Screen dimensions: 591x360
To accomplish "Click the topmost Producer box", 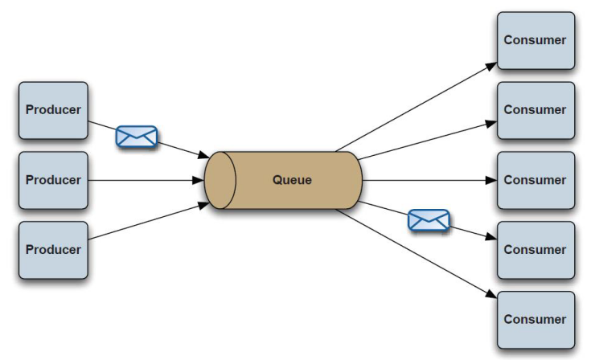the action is (x=54, y=110).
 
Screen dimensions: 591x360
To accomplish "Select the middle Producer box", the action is (x=54, y=180).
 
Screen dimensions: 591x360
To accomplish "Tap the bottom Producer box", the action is (x=54, y=250).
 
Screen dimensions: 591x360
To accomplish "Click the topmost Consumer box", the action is (x=536, y=41).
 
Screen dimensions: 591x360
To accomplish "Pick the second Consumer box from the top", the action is (x=536, y=110).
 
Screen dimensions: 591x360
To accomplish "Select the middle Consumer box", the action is (x=536, y=180).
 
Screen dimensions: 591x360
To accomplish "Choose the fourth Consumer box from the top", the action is (x=536, y=250).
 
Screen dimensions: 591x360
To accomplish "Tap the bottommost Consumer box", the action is (x=536, y=320).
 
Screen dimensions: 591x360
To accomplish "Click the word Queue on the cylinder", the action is (x=292, y=180).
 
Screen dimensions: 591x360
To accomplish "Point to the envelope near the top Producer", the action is (x=137, y=137).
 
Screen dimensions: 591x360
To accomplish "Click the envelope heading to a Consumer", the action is (x=429, y=220).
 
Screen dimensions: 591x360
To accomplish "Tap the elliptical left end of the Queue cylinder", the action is (x=220, y=180).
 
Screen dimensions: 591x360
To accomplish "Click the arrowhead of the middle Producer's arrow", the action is (x=199, y=180).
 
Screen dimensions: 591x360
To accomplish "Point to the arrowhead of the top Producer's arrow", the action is (x=204, y=155).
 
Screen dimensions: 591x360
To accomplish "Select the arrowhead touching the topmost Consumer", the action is (x=491, y=66).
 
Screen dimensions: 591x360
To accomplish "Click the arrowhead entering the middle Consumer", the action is (x=491, y=180).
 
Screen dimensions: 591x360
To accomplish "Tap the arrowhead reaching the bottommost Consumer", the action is (x=491, y=294).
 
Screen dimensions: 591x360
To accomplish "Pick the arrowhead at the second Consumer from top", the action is (x=491, y=123).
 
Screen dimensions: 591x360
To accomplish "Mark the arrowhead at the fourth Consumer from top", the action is (x=491, y=237).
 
